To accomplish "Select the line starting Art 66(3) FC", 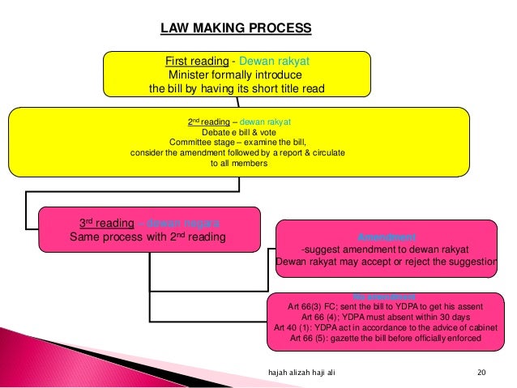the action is click(385, 307).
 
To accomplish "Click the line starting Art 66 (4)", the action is click(385, 318).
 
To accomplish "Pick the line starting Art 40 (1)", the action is click(385, 328).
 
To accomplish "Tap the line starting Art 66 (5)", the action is click(385, 339).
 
